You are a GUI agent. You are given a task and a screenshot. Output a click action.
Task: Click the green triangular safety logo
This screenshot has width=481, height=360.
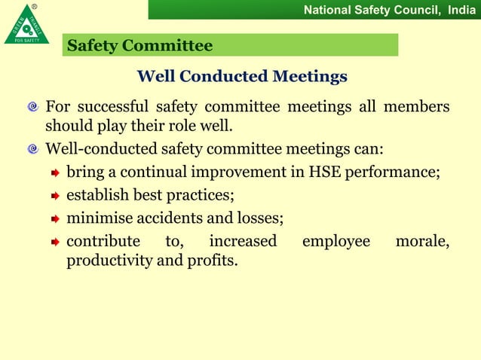(x=26, y=24)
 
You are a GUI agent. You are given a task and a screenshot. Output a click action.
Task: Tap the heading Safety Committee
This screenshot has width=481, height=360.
(x=139, y=46)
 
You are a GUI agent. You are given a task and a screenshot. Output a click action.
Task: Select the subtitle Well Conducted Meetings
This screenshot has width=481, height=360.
(x=241, y=77)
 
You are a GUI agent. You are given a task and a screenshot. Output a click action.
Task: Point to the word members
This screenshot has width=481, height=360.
(x=416, y=106)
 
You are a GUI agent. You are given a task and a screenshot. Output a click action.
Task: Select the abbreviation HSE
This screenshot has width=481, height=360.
(x=326, y=172)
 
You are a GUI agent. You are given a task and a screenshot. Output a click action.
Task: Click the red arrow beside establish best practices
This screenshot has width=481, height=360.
(x=55, y=197)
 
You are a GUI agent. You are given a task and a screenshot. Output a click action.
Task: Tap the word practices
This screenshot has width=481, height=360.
(x=205, y=196)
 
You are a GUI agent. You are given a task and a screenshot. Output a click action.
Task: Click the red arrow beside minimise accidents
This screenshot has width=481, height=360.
(x=55, y=220)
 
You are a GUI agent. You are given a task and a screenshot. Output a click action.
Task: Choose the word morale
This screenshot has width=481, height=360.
(x=422, y=242)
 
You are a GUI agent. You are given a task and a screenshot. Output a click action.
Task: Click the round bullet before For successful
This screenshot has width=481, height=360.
(x=33, y=107)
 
